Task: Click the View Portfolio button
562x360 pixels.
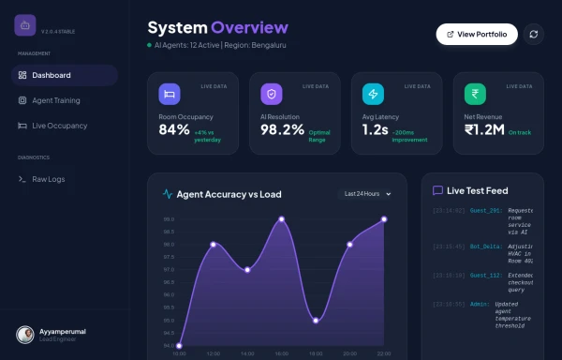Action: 477,35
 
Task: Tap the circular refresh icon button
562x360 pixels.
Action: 533,35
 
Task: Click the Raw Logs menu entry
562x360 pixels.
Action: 48,178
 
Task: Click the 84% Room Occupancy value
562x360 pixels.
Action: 174,130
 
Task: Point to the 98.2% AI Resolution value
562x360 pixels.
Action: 282,130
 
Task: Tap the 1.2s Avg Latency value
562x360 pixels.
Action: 375,130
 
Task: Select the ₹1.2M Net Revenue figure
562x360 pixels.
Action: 485,130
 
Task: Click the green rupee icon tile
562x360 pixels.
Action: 475,94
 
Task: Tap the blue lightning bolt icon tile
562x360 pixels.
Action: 373,94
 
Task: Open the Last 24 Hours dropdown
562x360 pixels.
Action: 367,194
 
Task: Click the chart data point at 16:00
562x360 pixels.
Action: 281,219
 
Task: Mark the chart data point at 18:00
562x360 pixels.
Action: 316,321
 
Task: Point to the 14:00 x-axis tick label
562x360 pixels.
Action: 247,354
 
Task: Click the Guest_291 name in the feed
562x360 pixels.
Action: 485,211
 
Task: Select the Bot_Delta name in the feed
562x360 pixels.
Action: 486,246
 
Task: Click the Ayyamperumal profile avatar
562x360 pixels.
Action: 26,334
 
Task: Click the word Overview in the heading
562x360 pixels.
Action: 249,27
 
